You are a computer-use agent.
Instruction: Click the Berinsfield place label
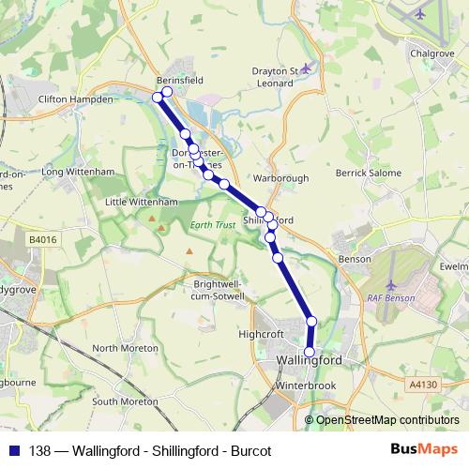tap(180, 81)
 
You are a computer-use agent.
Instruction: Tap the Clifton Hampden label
tap(75, 98)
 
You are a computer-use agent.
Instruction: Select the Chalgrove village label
tap(431, 53)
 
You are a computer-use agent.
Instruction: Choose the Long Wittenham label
tap(78, 172)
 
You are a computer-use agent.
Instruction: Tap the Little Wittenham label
tap(142, 202)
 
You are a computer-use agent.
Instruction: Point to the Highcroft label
tap(260, 333)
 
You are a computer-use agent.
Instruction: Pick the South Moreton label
tap(125, 401)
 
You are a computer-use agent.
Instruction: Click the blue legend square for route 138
tap(14, 448)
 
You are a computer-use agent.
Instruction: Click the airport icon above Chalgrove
tap(417, 15)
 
